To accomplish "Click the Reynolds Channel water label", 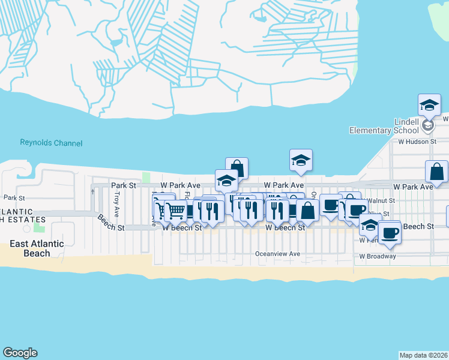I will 51,143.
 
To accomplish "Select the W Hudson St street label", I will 417,142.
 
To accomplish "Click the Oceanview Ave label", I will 277,254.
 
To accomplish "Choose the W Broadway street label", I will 378,256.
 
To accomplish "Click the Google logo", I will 20,353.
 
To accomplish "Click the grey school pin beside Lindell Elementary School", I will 427,125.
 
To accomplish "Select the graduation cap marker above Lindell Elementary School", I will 429,105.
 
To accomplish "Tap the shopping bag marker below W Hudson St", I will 436,172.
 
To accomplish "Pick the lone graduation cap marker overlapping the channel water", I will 301,160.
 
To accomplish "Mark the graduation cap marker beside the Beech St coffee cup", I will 369,226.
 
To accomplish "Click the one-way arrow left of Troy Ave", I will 92,191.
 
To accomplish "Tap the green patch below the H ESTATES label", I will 40,226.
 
